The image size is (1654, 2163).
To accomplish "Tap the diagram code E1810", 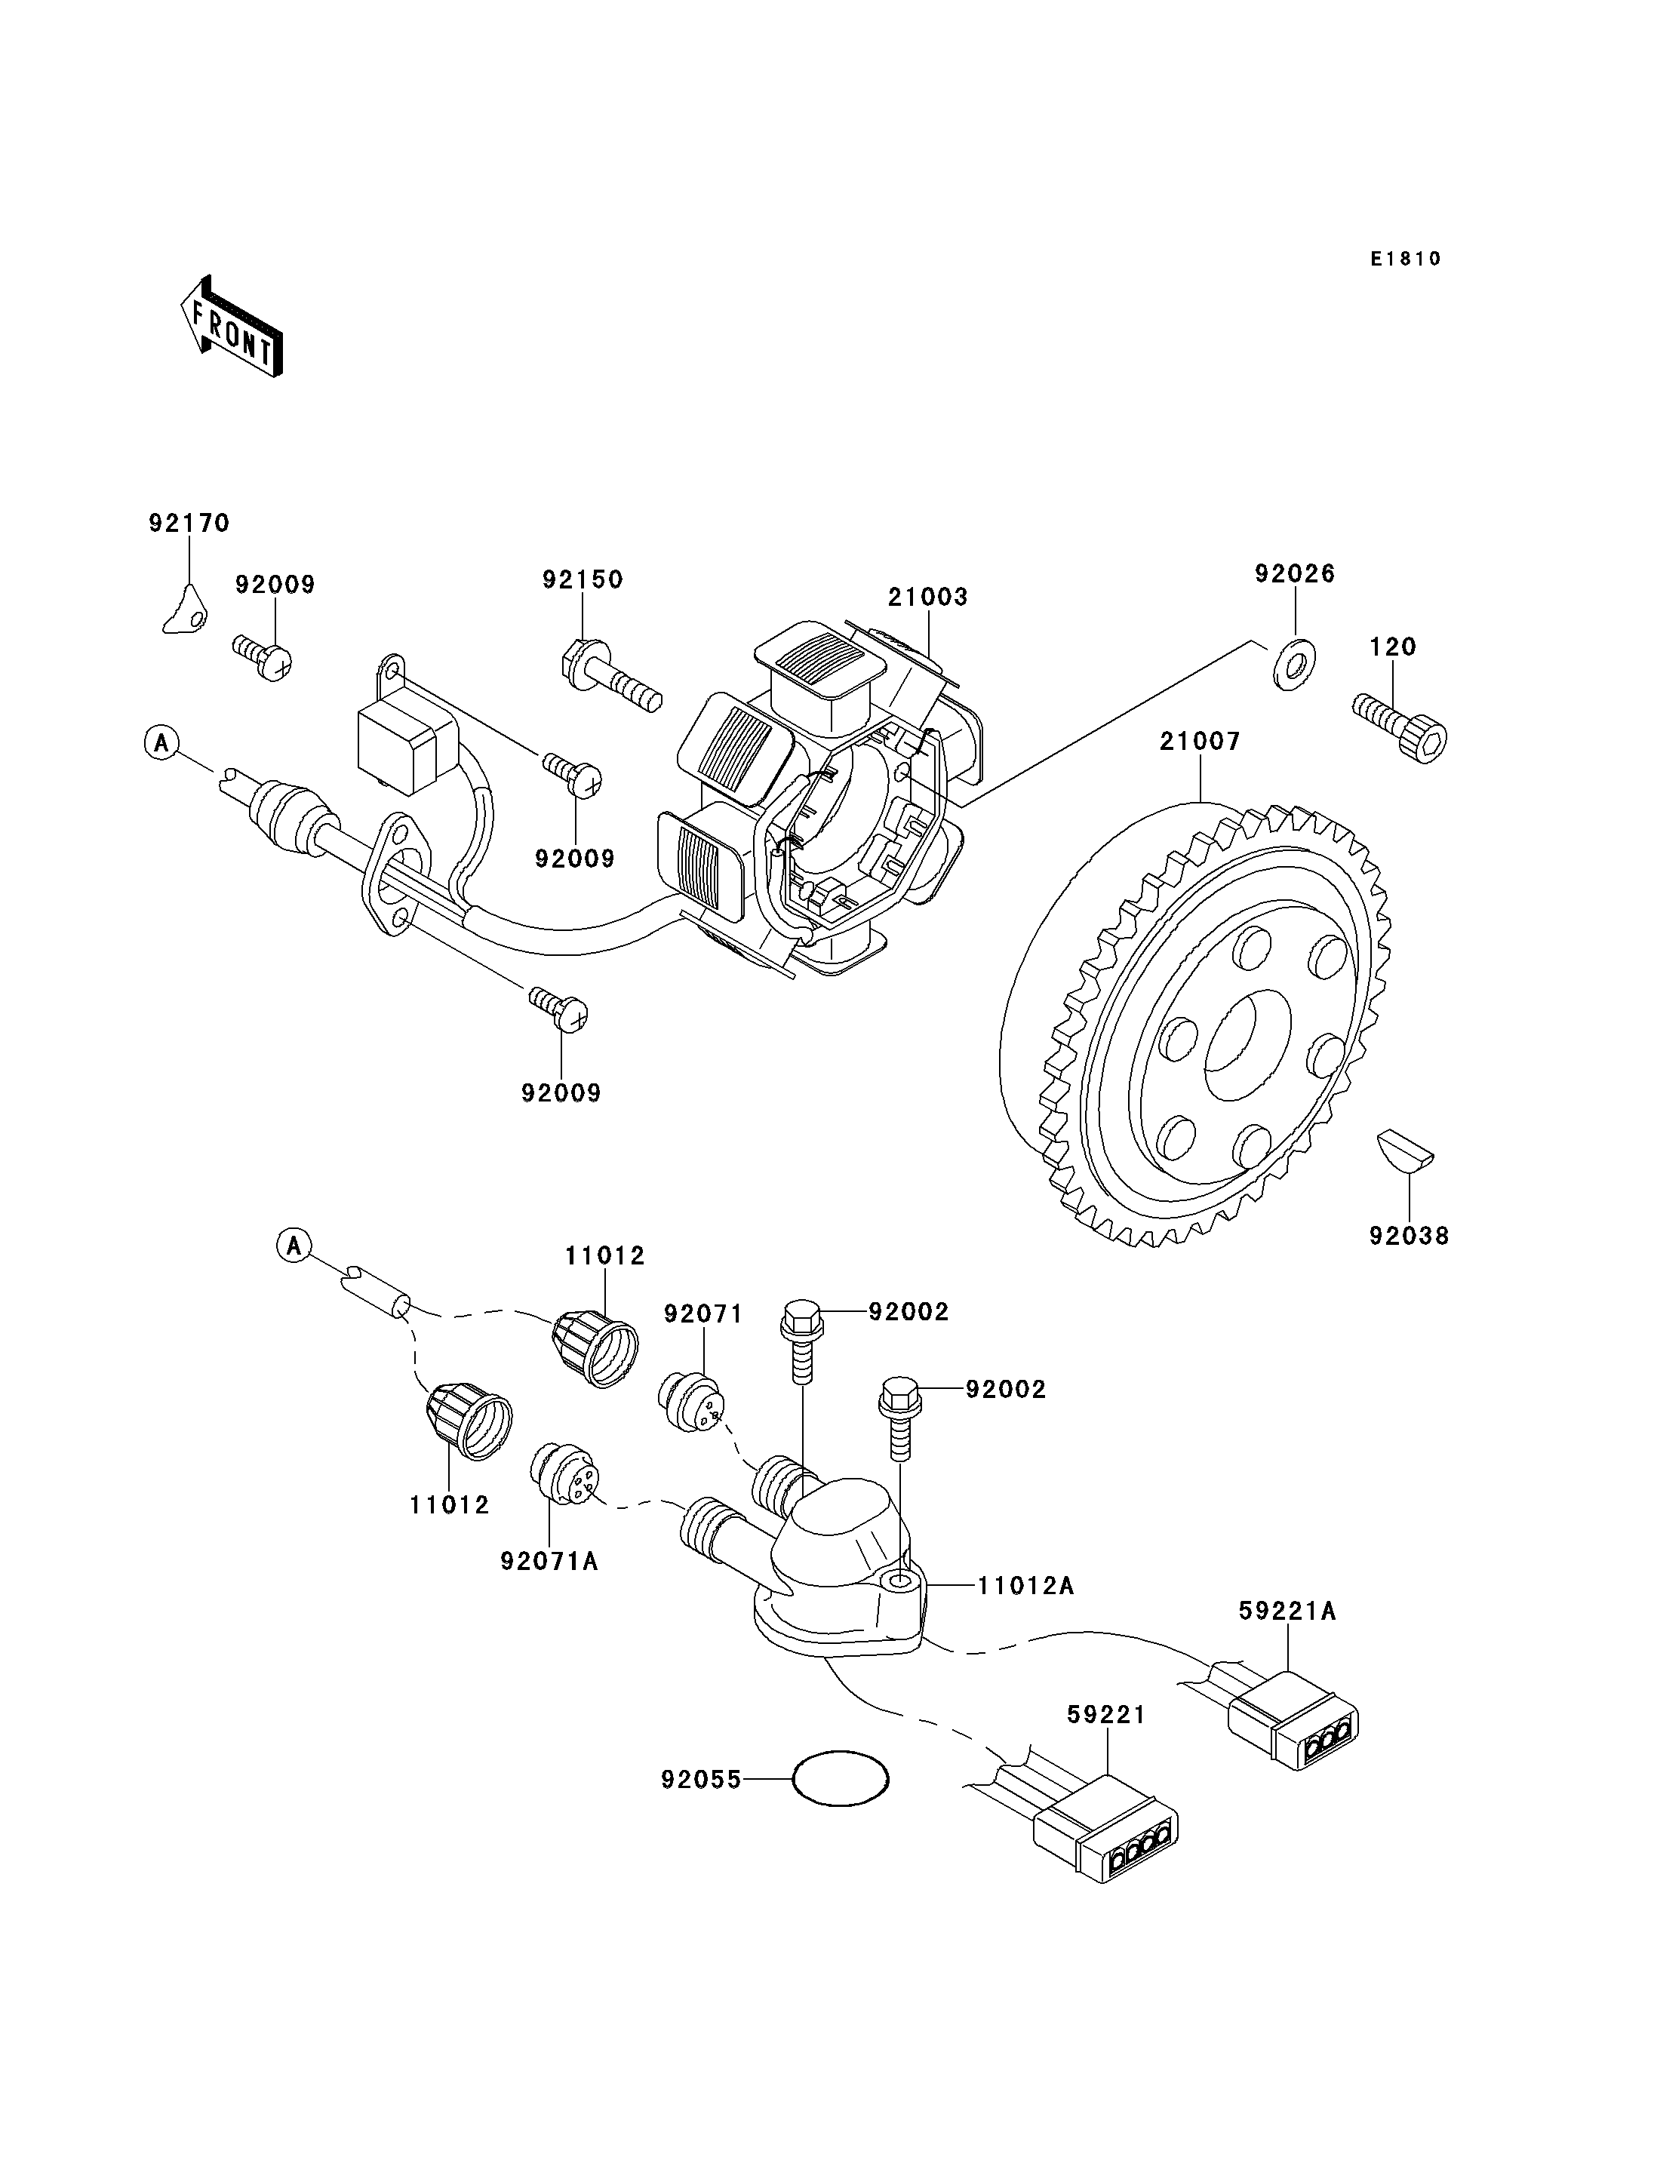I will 1405,259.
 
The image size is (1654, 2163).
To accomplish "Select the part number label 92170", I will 189,523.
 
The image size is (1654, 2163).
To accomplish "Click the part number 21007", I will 1199,742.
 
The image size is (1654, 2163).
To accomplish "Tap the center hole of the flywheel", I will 1247,1046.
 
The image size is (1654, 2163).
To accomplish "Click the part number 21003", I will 927,597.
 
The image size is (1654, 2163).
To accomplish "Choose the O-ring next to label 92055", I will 841,1778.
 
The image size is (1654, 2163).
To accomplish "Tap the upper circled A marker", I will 161,742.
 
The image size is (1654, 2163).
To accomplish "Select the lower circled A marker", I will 294,1246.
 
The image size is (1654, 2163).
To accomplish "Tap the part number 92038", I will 1409,1236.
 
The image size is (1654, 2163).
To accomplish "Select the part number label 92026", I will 1295,574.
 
